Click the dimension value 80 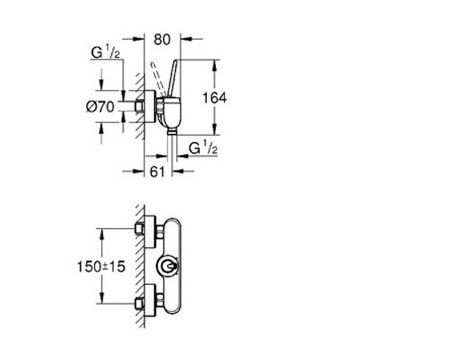[x=162, y=40]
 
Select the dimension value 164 [x=215, y=98]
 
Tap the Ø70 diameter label [x=100, y=107]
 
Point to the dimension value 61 [x=158, y=172]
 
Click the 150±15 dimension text [x=101, y=266]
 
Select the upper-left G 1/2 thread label [x=106, y=53]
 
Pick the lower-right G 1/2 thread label [x=203, y=148]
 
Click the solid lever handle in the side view [x=173, y=78]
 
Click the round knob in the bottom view [x=168, y=266]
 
